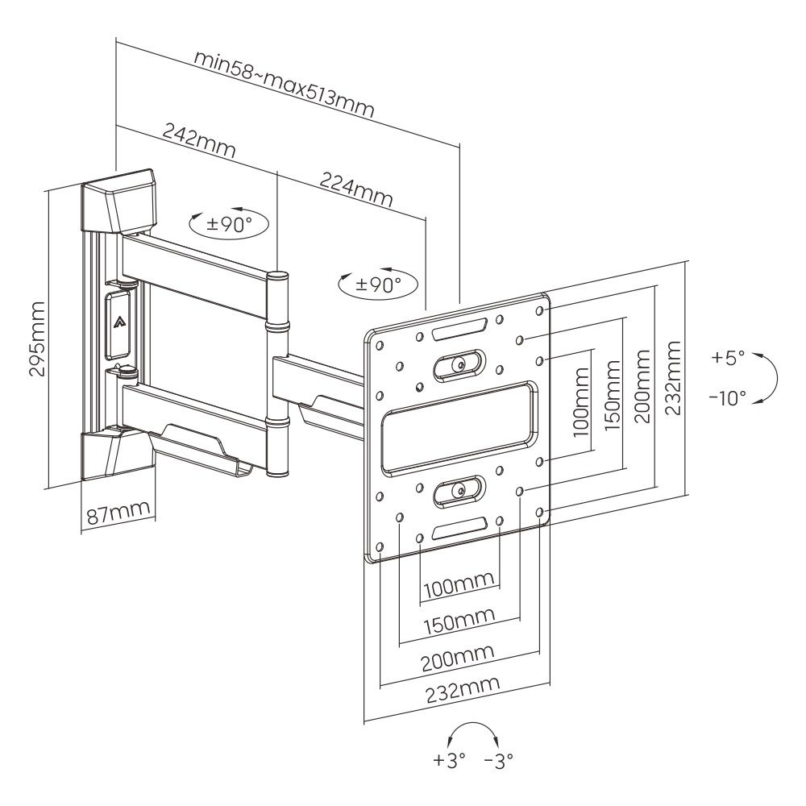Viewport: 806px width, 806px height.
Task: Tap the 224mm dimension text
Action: [356, 189]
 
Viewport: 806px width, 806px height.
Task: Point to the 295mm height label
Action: [36, 339]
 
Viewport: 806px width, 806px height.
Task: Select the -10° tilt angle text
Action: [727, 398]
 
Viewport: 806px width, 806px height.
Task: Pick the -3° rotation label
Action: [498, 758]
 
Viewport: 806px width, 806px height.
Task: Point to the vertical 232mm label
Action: [673, 377]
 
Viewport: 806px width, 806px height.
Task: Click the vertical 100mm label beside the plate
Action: [579, 400]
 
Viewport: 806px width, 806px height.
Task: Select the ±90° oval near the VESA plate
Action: [378, 283]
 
